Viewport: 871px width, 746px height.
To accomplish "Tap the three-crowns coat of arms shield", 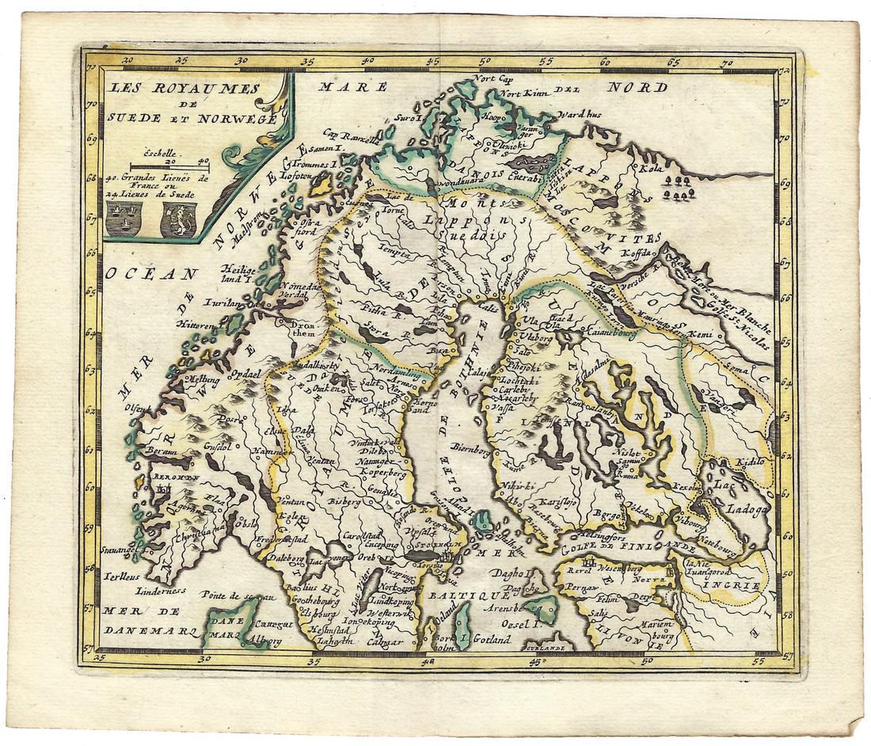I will (124, 219).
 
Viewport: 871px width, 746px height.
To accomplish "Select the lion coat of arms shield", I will (178, 219).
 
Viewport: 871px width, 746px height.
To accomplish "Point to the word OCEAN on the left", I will (150, 274).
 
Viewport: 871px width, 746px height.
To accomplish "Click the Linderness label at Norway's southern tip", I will (161, 590).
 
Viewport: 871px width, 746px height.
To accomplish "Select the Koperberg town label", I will (382, 473).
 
